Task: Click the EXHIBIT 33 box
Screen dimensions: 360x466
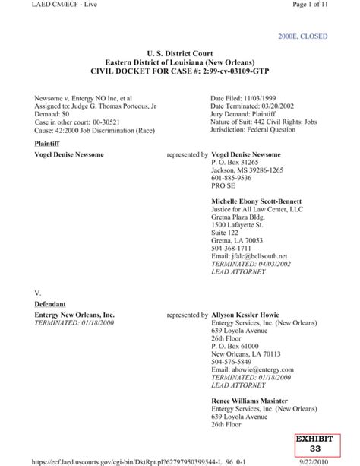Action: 334,445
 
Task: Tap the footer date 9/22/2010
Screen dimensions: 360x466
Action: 336,461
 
